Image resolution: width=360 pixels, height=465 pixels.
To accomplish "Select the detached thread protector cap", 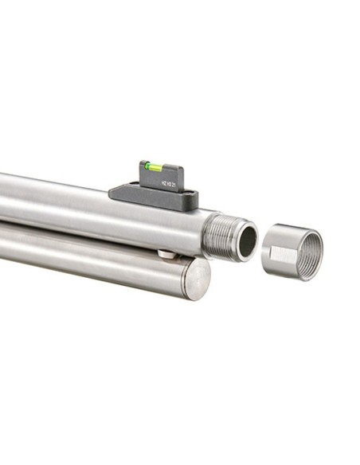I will pyautogui.click(x=292, y=252).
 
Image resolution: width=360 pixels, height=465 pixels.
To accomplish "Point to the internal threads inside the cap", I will pyautogui.click(x=307, y=252).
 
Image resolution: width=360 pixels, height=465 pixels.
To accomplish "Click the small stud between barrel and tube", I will pyautogui.click(x=166, y=254).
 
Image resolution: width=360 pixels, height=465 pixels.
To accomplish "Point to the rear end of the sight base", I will pyautogui.click(x=113, y=191).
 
